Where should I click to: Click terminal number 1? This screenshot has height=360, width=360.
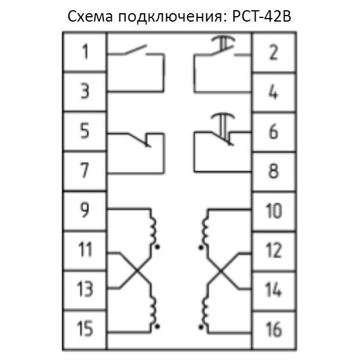pos(85,52)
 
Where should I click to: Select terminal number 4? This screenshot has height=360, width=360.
pos(274,92)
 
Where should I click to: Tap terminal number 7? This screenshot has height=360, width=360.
pos(85,170)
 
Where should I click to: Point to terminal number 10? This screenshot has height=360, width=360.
pos(274,211)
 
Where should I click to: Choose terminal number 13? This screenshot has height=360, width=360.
pos(85,289)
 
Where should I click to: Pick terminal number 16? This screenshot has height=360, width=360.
pos(274,329)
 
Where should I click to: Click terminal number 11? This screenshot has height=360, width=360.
pos(85,250)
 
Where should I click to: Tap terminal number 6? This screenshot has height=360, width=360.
pos(274,131)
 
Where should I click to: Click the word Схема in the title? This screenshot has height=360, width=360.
pos(90,17)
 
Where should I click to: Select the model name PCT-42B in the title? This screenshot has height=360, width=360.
pos(262,17)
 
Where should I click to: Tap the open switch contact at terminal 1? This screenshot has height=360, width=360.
pos(136,50)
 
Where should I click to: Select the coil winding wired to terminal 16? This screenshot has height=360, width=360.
pos(205,310)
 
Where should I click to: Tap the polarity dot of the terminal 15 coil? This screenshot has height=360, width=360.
pos(157,326)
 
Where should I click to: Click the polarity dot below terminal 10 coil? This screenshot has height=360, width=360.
pos(201,247)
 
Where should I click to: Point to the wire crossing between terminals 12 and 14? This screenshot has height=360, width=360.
pos(221,271)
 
